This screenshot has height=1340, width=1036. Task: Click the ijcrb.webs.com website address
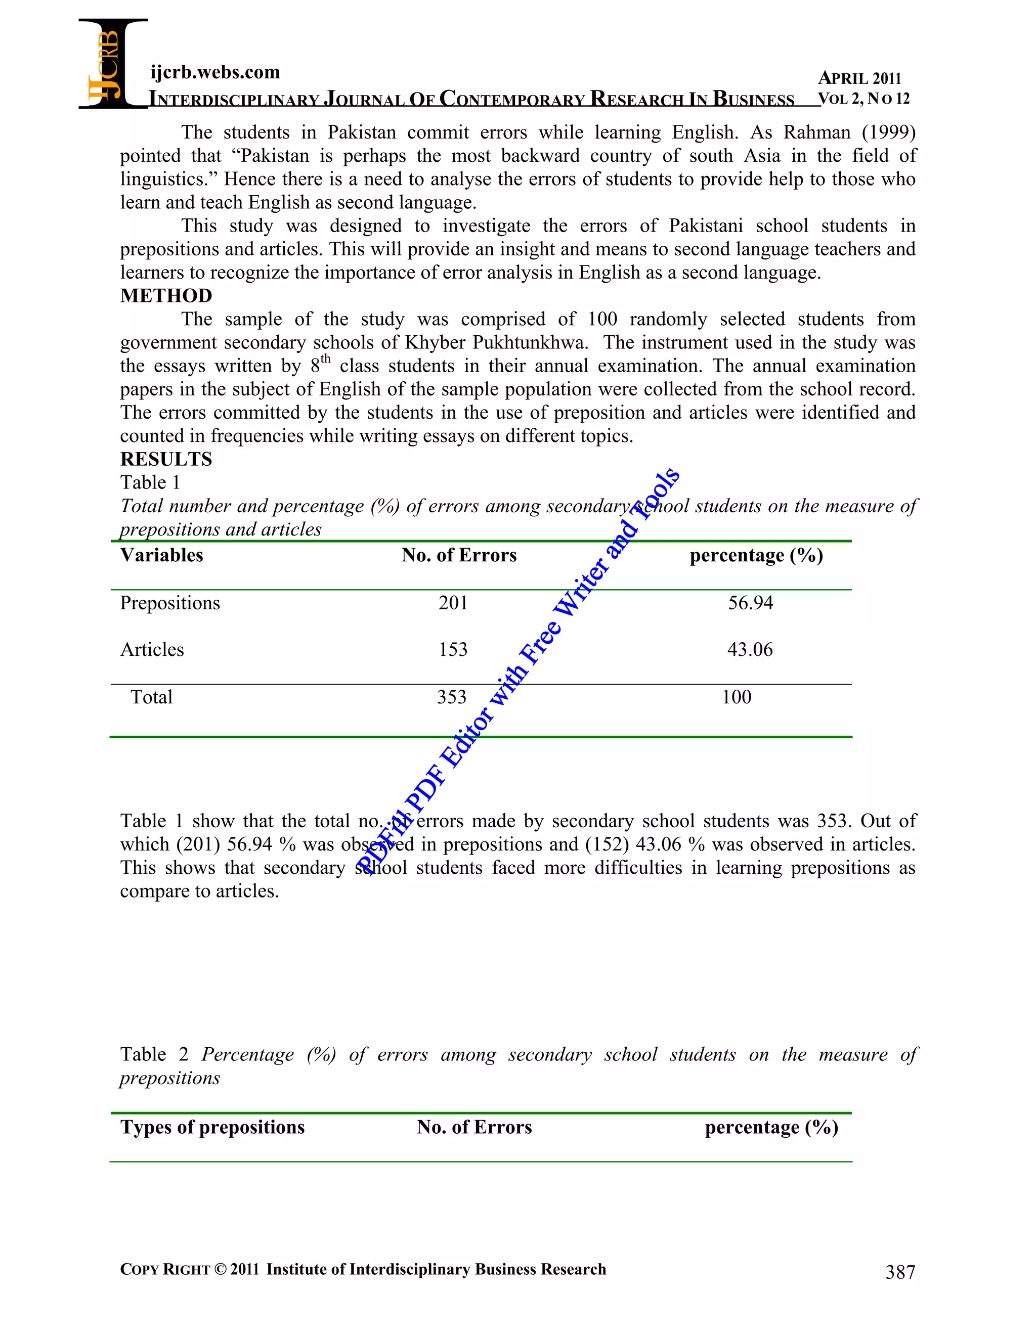click(215, 72)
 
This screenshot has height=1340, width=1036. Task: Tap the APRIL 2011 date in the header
click(859, 78)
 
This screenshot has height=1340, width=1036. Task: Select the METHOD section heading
click(166, 296)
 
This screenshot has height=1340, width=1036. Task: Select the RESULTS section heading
click(166, 459)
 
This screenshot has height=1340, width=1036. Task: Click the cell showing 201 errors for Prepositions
click(453, 603)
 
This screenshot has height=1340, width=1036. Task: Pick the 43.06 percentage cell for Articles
click(750, 649)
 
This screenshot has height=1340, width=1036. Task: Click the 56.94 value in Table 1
click(750, 603)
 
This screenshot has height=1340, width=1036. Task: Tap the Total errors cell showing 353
click(452, 697)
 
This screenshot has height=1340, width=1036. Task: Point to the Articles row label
click(152, 649)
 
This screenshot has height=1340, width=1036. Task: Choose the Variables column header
click(161, 555)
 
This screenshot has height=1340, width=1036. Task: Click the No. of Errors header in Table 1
click(459, 555)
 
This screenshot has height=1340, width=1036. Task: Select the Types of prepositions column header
click(212, 1127)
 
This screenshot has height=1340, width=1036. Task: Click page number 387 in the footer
click(900, 1272)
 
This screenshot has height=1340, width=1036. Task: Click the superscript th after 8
click(325, 359)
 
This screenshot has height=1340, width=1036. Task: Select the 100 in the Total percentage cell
click(736, 697)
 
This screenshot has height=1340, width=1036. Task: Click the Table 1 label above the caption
click(150, 482)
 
